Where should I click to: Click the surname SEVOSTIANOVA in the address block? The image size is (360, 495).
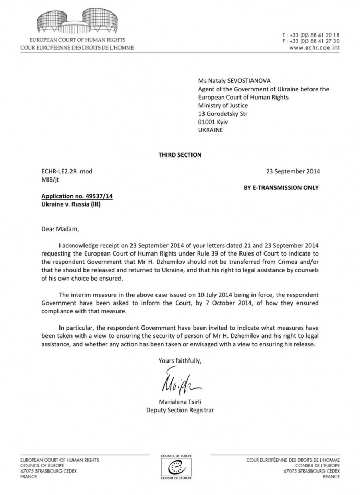244,81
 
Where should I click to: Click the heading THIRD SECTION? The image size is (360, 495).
179,155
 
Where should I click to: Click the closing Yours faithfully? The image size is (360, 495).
179,360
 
